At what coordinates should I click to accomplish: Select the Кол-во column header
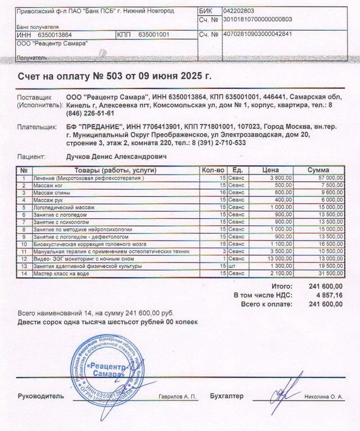[x=213, y=170]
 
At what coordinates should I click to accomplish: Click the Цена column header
[x=271, y=170]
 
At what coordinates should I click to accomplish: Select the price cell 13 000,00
[x=280, y=259]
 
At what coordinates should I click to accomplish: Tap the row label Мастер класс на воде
[x=62, y=273]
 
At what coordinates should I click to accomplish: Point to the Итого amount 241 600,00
[x=326, y=286]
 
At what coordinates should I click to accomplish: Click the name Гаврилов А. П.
[x=177, y=397]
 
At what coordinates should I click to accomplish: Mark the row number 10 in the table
[x=24, y=244]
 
